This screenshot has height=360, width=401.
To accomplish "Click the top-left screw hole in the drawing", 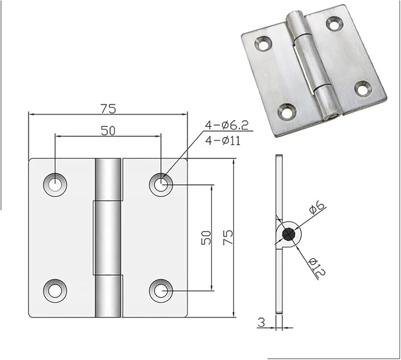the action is (x=55, y=185).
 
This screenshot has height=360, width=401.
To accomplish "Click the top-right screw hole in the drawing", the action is (x=161, y=185).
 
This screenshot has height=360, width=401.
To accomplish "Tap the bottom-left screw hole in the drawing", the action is (x=55, y=291).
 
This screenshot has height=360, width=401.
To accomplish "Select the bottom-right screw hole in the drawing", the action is (x=161, y=291).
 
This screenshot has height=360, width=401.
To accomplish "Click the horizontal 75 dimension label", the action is (x=108, y=109).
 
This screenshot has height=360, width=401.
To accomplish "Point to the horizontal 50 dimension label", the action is (x=108, y=131).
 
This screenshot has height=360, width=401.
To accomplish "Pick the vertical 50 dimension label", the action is (x=207, y=238).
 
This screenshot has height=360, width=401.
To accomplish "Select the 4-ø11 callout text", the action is (x=223, y=140).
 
